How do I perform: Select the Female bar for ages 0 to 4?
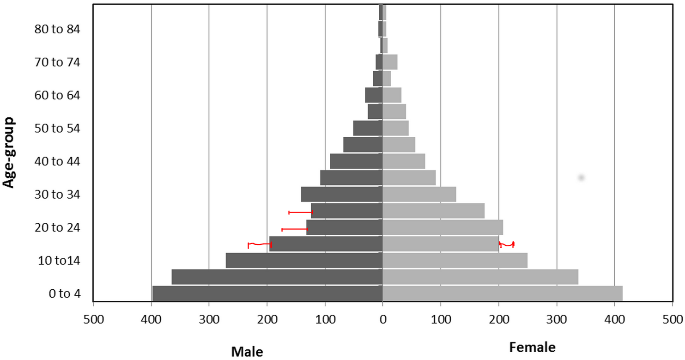[x=503, y=293]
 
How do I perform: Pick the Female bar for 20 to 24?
[x=443, y=227]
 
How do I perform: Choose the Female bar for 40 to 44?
[x=404, y=161]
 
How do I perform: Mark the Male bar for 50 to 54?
[x=368, y=128]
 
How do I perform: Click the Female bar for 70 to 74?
[x=390, y=62]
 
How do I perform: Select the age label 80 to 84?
[x=57, y=29]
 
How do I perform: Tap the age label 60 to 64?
[x=57, y=95]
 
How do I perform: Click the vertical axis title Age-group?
[x=9, y=152]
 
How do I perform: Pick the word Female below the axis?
[x=532, y=347]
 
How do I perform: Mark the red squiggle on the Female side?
[x=507, y=244]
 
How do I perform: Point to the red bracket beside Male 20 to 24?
[x=295, y=229]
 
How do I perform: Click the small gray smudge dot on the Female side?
[x=581, y=177]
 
